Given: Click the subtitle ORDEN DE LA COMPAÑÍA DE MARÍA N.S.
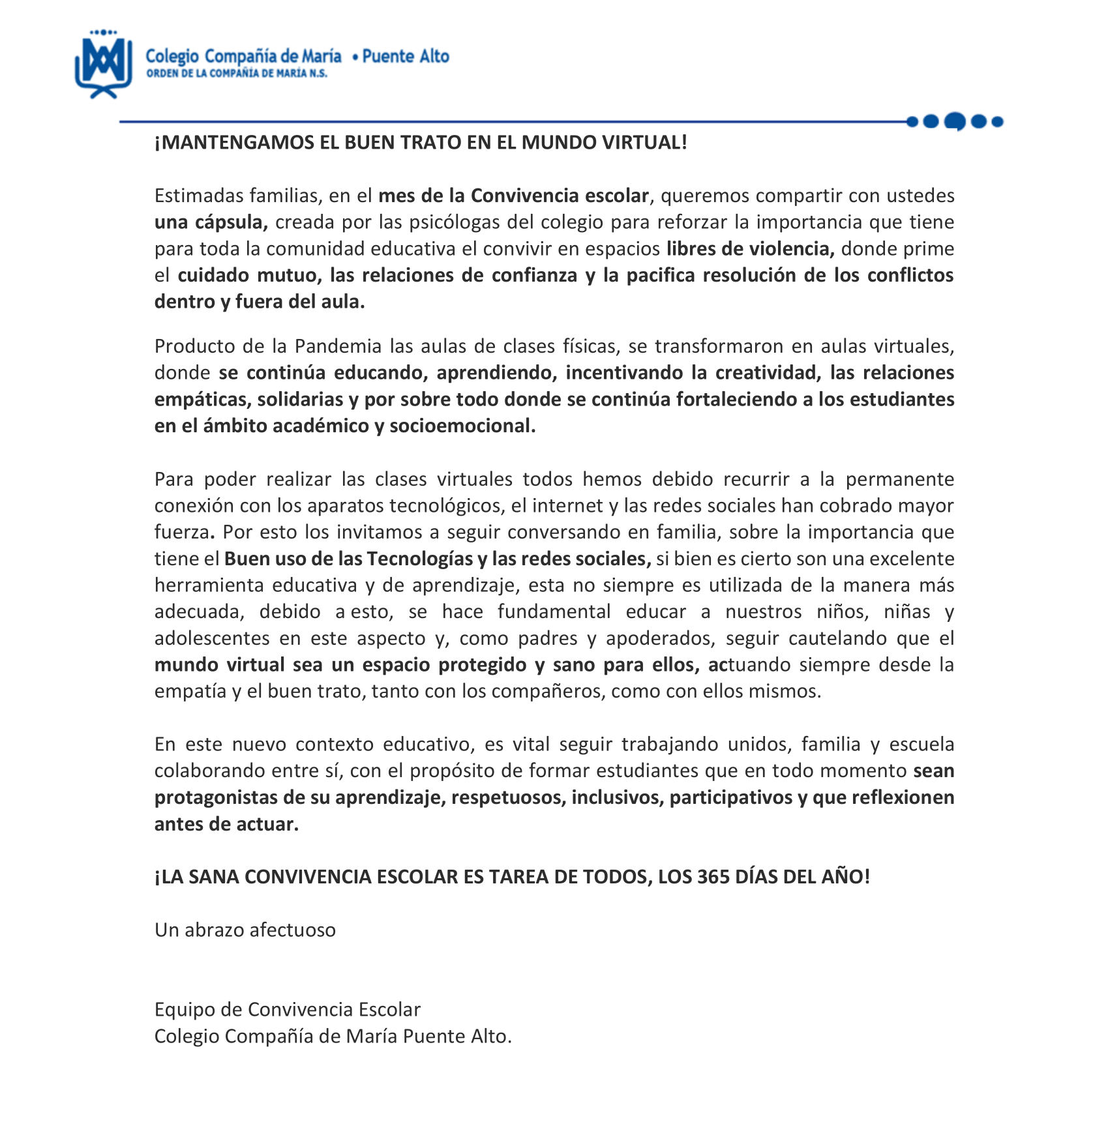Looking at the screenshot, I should tap(237, 74).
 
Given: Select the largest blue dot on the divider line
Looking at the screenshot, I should tap(955, 121).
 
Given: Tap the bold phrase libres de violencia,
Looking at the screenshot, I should tap(751, 249).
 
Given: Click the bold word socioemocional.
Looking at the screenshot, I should tap(462, 426).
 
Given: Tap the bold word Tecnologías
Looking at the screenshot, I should tap(419, 559).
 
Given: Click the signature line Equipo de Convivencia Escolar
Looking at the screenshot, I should tap(288, 1010).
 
